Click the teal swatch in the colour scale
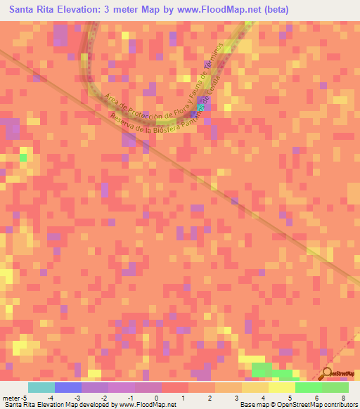pyautogui.click(x=41, y=387)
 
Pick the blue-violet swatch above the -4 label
pyautogui.click(x=67, y=387)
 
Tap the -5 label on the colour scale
pyautogui.click(x=25, y=398)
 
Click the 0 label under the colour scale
pyautogui.click(x=156, y=398)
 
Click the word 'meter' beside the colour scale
pyautogui.click(x=11, y=398)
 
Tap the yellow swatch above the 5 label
pyautogui.click(x=281, y=387)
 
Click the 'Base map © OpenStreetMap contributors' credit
pyautogui.click(x=299, y=405)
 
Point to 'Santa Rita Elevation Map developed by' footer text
pyautogui.click(x=56, y=405)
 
